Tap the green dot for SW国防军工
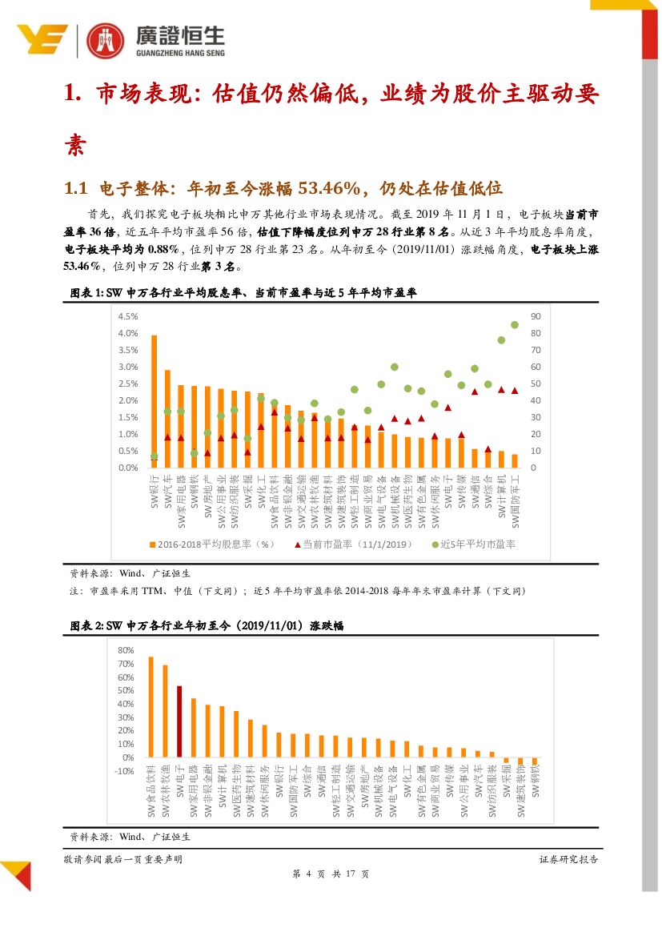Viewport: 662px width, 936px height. pos(515,325)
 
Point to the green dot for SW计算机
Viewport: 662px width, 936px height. pos(501,339)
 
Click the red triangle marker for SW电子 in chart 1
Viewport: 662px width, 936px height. pos(448,408)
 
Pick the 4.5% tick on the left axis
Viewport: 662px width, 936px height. pos(128,316)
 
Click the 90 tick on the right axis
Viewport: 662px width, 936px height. pos(536,316)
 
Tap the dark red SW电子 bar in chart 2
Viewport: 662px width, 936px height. pos(179,721)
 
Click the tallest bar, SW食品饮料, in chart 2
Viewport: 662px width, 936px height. pos(150,707)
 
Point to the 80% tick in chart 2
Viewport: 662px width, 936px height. pos(126,649)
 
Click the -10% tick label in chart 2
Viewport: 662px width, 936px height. pos(124,771)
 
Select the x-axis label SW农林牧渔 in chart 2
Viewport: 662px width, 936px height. pos(165,793)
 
